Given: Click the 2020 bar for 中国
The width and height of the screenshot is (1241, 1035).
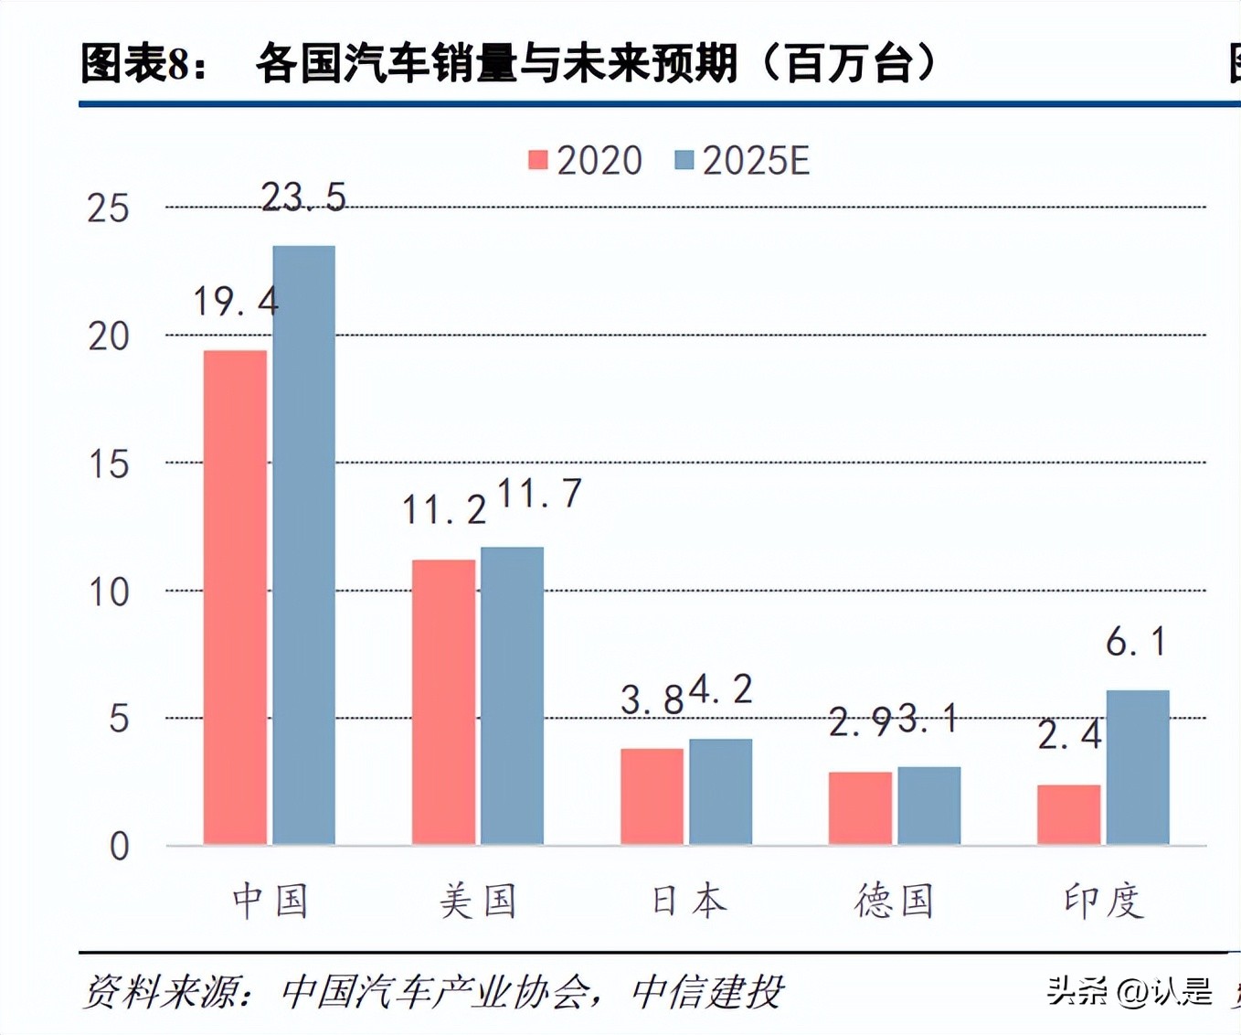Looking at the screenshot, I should (235, 597).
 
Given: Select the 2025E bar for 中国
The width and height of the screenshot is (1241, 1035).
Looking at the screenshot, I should (304, 545).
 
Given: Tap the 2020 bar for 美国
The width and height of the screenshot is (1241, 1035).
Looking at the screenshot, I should (443, 701).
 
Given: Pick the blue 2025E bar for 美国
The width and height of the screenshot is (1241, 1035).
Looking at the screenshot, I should (513, 695).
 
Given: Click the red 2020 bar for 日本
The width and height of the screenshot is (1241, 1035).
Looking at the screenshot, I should (652, 795).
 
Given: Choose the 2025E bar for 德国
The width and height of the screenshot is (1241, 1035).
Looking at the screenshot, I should (929, 805).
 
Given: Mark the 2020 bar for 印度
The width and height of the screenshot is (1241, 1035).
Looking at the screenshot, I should (1068, 814).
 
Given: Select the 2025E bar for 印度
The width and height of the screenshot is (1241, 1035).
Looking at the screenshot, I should (1138, 766).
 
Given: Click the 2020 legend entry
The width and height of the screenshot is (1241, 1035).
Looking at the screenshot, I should (586, 161).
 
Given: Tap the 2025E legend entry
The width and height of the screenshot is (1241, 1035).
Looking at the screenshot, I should (742, 161).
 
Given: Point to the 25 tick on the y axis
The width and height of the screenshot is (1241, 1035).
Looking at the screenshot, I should (109, 208).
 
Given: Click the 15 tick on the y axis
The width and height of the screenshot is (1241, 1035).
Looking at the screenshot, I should (109, 464).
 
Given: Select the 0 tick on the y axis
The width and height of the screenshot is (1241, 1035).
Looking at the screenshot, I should (119, 847).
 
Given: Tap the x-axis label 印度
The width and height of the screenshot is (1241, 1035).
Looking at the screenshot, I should (1103, 902).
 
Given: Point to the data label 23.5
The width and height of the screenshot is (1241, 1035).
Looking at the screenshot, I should (303, 197).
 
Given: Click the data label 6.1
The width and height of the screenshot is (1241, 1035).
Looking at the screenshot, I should (1136, 642).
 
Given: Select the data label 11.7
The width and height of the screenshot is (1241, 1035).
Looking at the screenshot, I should (539, 494).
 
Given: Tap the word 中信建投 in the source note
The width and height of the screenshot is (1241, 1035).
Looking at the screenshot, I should (706, 992).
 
